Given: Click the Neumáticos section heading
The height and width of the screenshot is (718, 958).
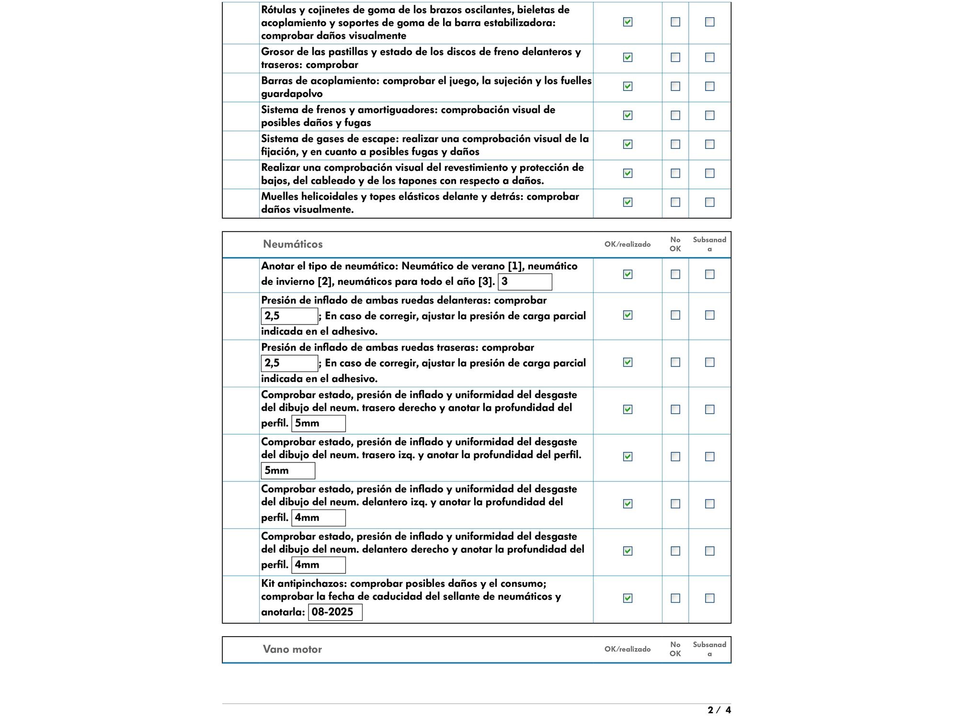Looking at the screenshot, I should (293, 244).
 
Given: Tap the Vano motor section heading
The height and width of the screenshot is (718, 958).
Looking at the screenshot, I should (292, 649).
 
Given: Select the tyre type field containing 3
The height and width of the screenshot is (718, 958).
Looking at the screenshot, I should (525, 282).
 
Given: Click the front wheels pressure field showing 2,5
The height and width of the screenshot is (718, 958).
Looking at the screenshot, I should (289, 316).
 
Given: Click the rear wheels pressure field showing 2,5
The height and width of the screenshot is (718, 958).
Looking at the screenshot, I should (289, 363).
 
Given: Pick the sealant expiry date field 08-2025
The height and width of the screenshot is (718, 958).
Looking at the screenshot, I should (335, 612).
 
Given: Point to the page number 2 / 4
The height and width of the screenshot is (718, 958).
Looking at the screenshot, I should (719, 710).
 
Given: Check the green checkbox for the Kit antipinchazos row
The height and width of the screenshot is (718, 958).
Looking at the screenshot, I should (627, 598).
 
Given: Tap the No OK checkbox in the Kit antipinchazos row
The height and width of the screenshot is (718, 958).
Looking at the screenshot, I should (675, 598).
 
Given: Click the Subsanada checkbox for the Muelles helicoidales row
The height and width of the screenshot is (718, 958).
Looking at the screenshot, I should (710, 202).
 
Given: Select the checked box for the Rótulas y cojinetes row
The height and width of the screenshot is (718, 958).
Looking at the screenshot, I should (627, 22).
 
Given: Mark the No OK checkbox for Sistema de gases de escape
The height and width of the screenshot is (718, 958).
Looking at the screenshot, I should (675, 144).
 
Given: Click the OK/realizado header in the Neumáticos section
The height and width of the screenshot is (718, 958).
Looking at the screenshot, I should (627, 244).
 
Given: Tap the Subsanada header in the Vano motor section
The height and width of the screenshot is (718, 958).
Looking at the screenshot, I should (709, 649).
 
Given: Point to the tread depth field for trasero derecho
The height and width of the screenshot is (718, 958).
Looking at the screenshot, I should (319, 423).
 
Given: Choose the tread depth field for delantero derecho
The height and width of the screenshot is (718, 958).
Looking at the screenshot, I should (319, 565).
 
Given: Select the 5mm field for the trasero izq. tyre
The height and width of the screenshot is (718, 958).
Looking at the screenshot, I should (288, 471).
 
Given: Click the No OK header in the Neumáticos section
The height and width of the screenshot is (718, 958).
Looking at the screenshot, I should (675, 244).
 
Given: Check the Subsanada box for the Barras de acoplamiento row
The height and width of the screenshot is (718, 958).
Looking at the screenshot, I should (710, 86).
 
